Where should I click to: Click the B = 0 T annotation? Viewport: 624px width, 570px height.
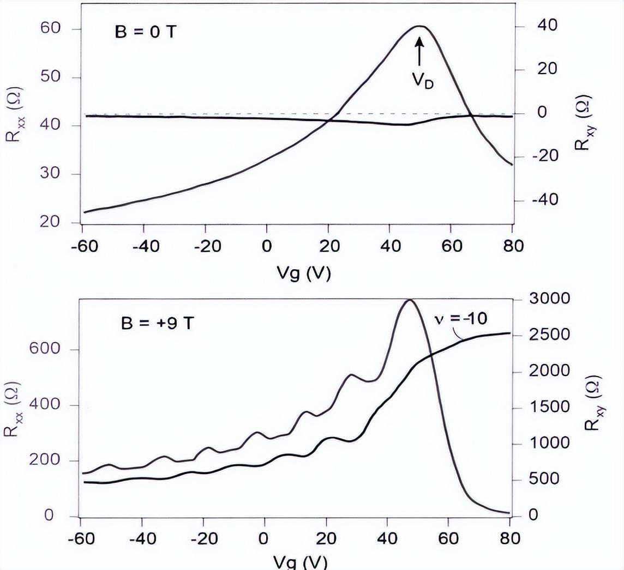[145, 31]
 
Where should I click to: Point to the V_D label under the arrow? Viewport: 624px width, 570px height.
[422, 81]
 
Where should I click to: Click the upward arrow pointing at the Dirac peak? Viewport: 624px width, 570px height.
[419, 52]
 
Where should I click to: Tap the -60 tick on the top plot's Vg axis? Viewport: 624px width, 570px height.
[83, 246]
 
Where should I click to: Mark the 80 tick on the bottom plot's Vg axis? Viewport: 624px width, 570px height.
[509, 538]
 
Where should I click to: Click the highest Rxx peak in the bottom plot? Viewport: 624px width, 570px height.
[409, 300]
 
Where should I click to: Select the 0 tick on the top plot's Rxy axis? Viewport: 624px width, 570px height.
[541, 113]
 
